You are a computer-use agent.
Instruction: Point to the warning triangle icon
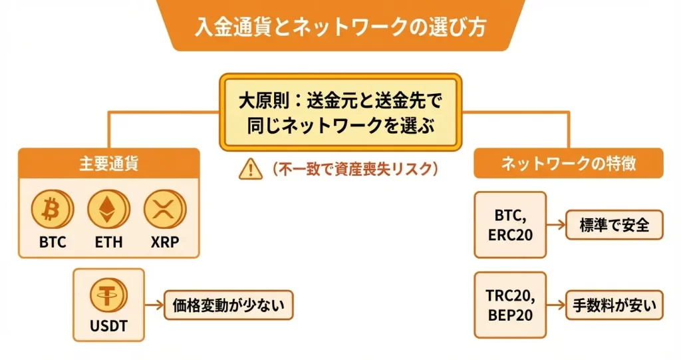pos(249,170)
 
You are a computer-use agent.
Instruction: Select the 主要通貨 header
pos(108,164)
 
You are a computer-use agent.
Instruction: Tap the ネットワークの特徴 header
pos(569,163)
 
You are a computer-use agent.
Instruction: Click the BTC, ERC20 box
pos(510,225)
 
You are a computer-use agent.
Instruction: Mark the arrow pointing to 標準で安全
pos(555,225)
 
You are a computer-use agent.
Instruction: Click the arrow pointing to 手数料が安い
pos(555,305)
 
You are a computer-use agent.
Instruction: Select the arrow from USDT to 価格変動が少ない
pos(154,305)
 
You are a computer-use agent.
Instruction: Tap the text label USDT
pos(108,327)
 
